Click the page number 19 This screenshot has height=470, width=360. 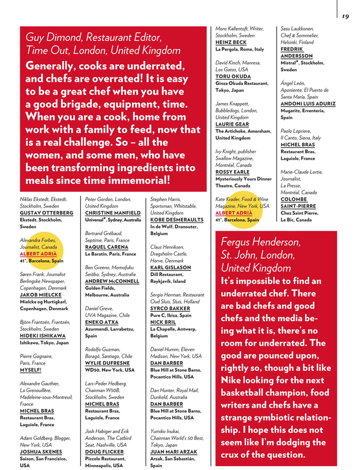345,16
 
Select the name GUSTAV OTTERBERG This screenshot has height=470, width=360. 46,213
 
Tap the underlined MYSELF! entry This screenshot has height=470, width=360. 32,370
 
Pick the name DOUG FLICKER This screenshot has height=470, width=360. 105,452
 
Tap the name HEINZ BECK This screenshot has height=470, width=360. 231,42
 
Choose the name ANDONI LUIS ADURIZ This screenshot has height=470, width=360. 308,104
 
